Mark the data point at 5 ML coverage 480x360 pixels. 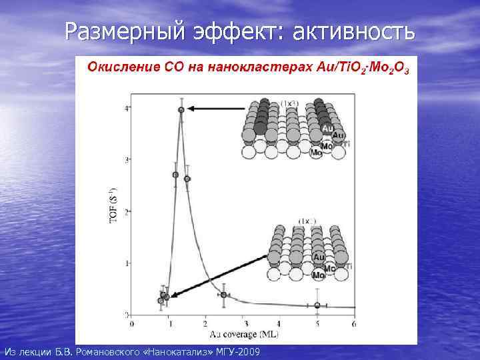pyautogui.click(x=317, y=305)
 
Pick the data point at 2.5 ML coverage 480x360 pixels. pyautogui.click(x=223, y=295)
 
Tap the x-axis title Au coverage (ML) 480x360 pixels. pyautogui.click(x=234, y=333)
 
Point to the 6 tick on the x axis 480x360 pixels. pyautogui.click(x=353, y=324)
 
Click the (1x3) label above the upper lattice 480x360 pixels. pyautogui.click(x=289, y=103)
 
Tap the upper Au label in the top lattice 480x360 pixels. pyautogui.click(x=327, y=127)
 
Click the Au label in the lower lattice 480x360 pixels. pyautogui.click(x=318, y=257)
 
